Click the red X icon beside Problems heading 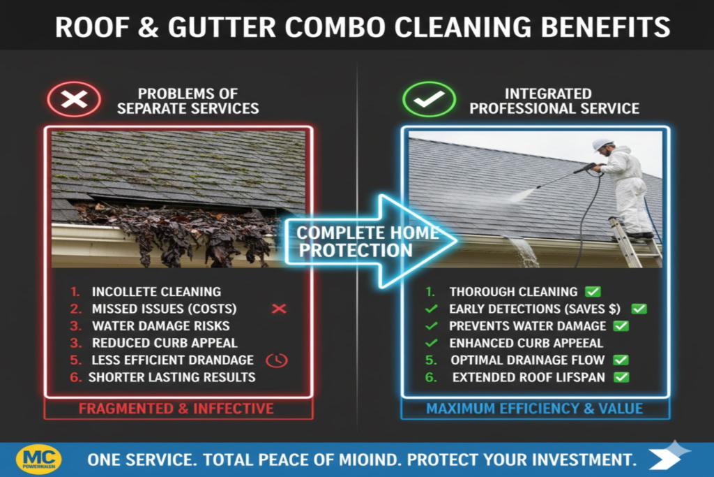pos(73,100)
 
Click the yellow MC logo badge pos(38,460)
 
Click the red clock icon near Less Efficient pos(277,360)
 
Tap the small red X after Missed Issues pos(279,308)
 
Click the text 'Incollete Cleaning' pos(156,292)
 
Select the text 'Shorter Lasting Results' pos(172,377)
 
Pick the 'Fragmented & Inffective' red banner pos(176,408)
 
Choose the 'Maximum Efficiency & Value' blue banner pos(534,408)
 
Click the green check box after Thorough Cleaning pos(593,292)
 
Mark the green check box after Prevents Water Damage pos(621,325)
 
